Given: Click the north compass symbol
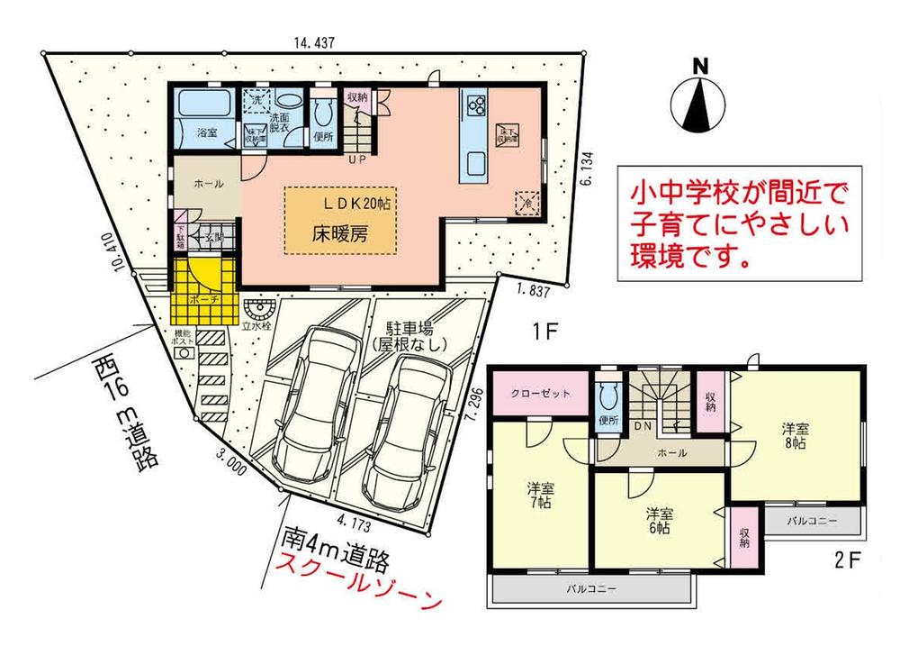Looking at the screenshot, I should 700,99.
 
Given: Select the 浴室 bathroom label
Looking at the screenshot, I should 206,133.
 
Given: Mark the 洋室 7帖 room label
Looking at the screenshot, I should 541,495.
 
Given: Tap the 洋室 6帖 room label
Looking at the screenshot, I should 659,520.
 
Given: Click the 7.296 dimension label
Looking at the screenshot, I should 476,411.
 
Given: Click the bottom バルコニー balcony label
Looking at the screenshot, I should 591,589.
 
